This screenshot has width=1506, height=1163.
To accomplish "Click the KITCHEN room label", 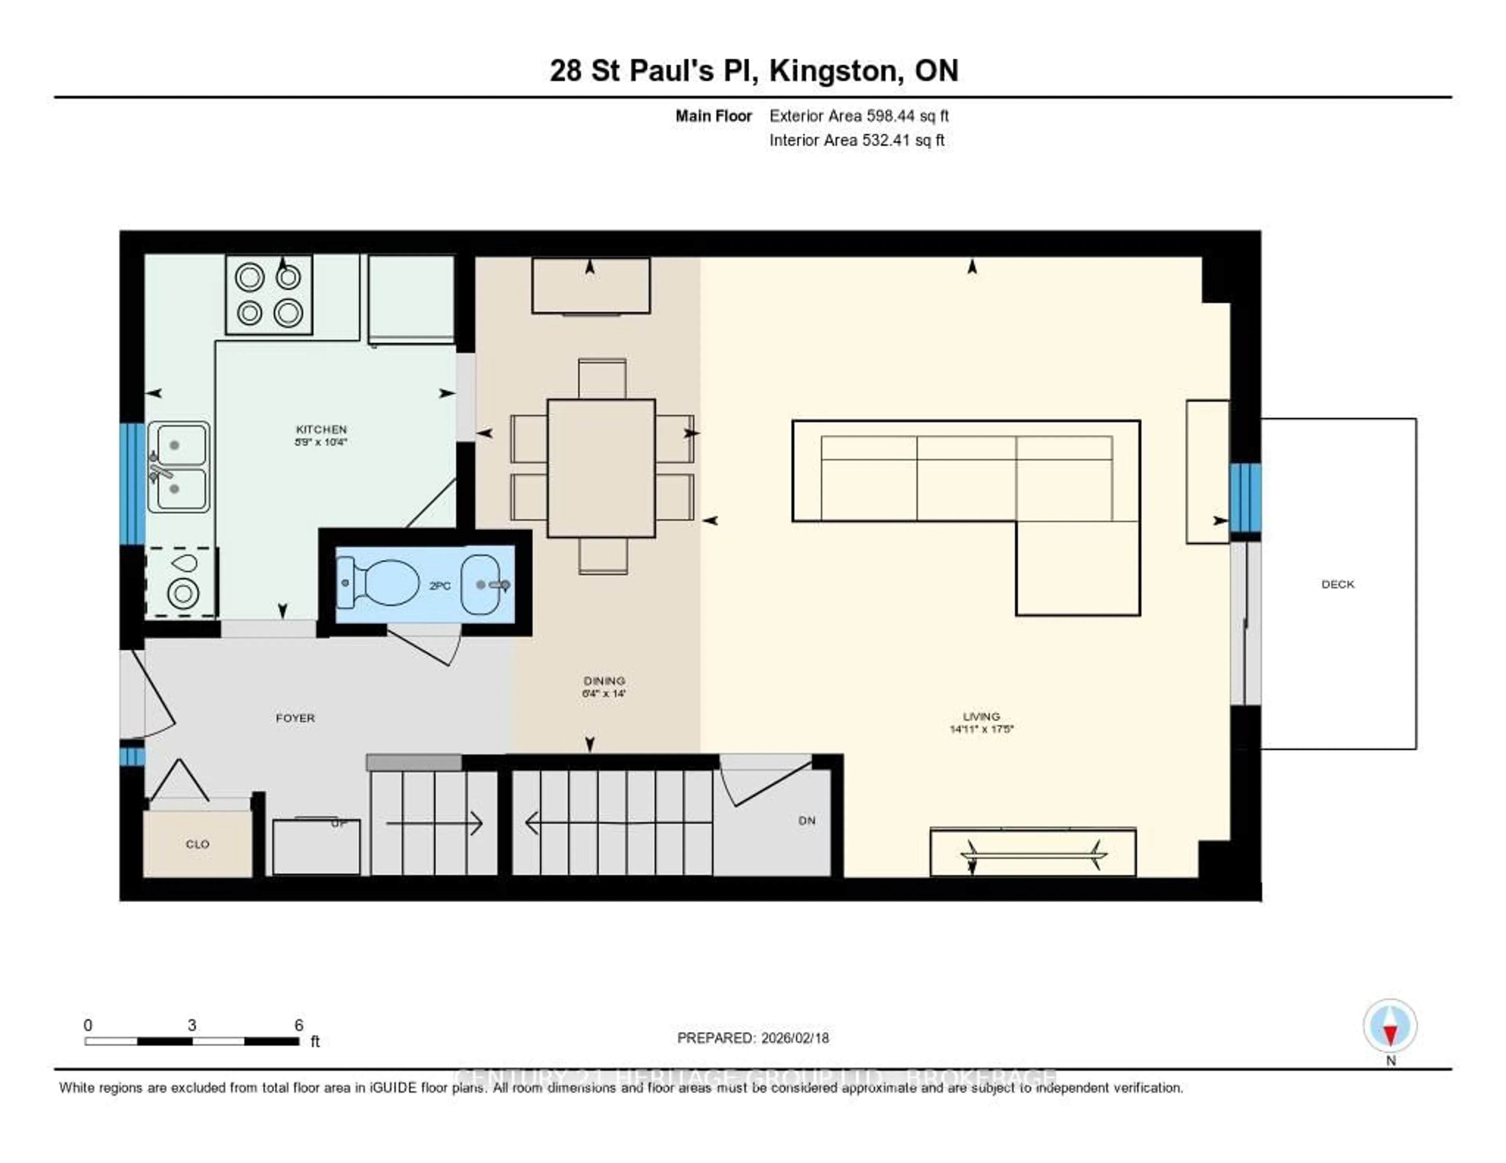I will [321, 429].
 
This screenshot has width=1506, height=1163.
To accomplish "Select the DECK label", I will [1338, 584].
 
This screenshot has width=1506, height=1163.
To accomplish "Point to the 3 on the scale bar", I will [192, 1025].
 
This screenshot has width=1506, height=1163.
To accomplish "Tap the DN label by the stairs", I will [807, 820].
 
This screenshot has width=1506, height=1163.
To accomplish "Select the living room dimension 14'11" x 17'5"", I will [981, 729].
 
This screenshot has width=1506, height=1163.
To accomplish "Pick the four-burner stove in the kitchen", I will [269, 294].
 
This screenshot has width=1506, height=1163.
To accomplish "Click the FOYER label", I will [295, 718].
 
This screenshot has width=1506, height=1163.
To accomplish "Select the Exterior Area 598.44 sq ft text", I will [858, 116].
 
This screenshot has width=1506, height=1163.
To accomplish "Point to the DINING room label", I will [604, 680].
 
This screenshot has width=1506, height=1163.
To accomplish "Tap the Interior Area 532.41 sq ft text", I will [857, 140].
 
